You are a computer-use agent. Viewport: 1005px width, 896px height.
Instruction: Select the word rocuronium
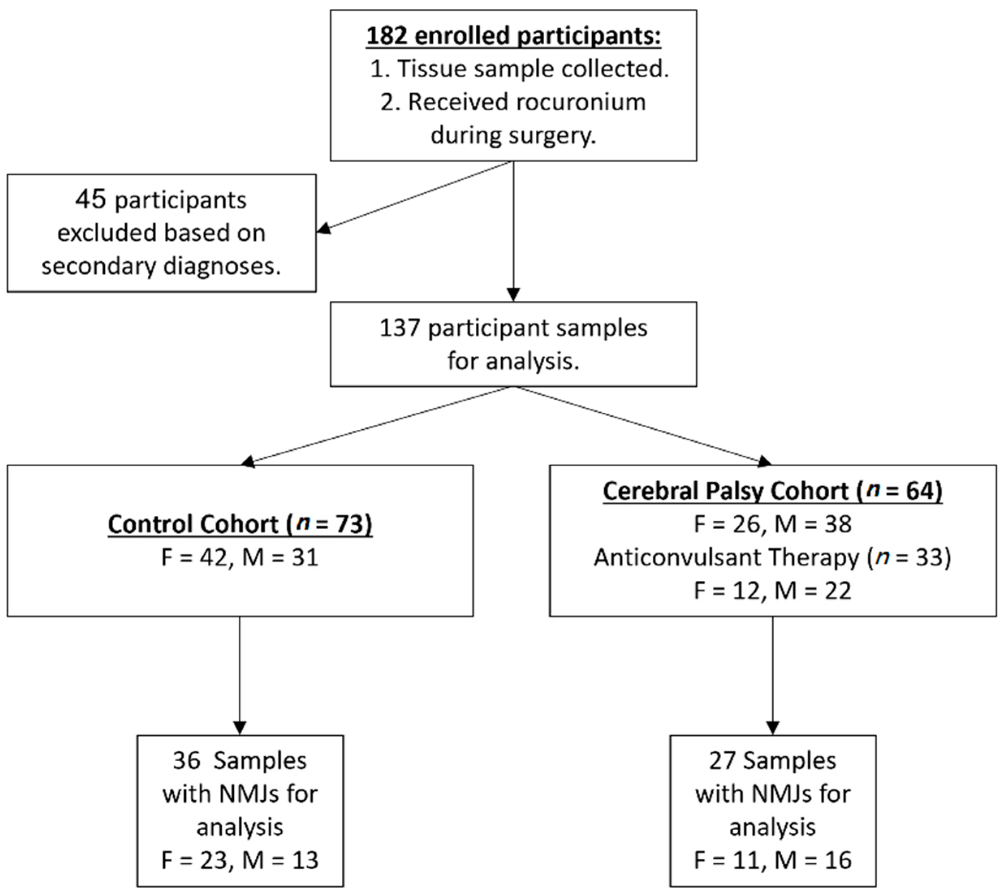(580, 102)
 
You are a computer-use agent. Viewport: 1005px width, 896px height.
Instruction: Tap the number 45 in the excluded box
(91, 199)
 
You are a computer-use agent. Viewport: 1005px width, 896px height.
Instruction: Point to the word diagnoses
(222, 266)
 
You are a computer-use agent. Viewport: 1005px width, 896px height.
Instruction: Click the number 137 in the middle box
(399, 328)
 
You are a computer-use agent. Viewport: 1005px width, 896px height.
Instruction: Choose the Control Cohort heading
(240, 524)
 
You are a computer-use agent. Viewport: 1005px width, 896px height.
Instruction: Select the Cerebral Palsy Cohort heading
(772, 491)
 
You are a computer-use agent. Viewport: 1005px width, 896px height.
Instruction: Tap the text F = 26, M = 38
(772, 524)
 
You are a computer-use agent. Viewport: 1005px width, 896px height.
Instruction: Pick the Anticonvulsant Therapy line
(772, 557)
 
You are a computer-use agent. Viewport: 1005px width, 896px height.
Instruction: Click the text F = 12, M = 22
(772, 590)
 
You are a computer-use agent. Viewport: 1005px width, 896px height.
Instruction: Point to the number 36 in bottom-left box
(187, 760)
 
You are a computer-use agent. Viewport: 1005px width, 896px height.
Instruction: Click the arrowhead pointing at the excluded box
(323, 228)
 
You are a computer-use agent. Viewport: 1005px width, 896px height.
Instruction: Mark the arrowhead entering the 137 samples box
(513, 294)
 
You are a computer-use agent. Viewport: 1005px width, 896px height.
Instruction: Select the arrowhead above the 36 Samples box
(240, 728)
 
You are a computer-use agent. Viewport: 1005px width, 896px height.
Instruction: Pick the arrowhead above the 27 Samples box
(772, 728)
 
